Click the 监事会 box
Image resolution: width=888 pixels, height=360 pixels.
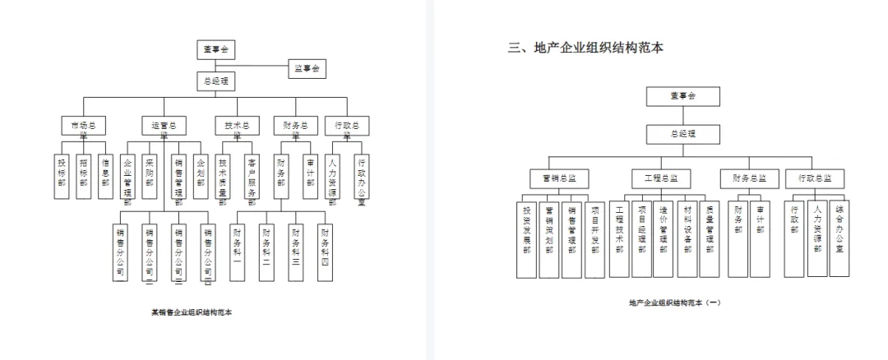pos(307,69)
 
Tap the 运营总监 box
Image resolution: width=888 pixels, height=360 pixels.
pos(164,126)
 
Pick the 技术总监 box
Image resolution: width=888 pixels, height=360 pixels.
pos(237,126)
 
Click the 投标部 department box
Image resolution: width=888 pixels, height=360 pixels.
pos(61,176)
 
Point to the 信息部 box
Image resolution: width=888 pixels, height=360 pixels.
pos(104,176)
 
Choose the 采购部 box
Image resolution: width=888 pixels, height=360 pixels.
pos(149,176)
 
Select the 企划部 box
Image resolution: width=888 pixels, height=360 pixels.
pos(201,176)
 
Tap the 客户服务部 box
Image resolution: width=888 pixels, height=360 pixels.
pos(252,176)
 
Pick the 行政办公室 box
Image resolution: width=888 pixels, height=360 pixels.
pos(361,176)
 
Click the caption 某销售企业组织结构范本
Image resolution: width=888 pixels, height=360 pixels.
pos(192,312)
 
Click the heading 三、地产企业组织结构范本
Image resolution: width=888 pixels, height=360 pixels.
pos(585,48)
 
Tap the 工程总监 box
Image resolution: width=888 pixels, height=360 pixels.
pos(661,178)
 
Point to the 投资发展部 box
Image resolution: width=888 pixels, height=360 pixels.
pos(527,238)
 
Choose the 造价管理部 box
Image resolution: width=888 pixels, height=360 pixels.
pos(663,238)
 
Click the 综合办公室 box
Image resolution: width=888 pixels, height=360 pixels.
pos(839,238)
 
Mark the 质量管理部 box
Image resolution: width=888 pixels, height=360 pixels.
pos(709,238)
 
